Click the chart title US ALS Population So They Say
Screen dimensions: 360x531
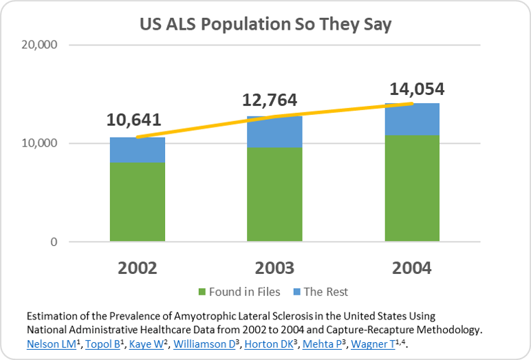[265, 25]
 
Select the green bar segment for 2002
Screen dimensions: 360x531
[137, 202]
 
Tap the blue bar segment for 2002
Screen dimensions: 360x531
[137, 149]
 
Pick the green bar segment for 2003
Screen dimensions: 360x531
[274, 194]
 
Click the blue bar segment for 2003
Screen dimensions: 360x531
[274, 131]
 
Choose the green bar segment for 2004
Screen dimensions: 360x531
[412, 188]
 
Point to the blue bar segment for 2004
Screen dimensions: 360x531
[412, 119]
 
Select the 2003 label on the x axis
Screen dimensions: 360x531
[274, 268]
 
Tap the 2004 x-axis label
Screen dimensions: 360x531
[411, 268]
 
